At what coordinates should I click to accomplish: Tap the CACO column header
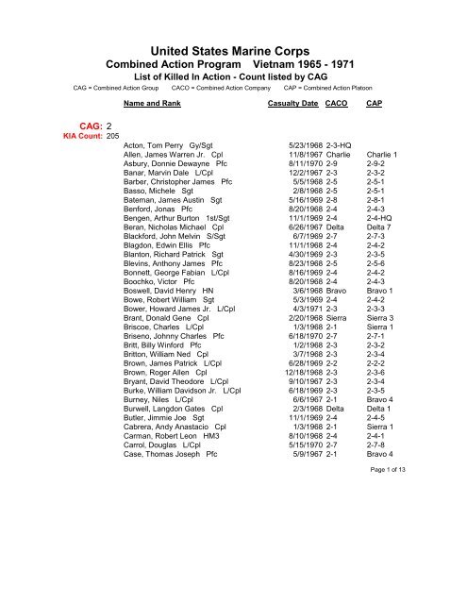[337, 100]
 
